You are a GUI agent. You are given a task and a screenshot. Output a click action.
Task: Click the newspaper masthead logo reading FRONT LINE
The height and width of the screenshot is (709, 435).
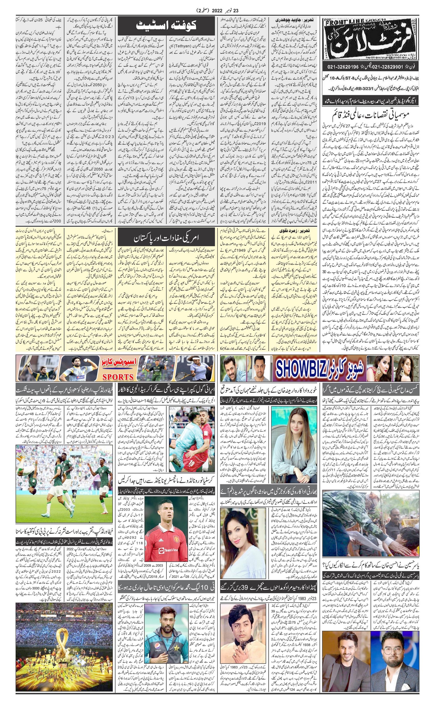pyautogui.click(x=370, y=39)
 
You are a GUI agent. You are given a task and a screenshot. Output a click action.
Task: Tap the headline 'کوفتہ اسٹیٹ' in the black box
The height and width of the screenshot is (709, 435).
pyautogui.click(x=166, y=26)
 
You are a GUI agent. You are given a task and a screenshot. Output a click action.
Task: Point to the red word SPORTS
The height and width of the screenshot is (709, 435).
pyautogui.click(x=118, y=377)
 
